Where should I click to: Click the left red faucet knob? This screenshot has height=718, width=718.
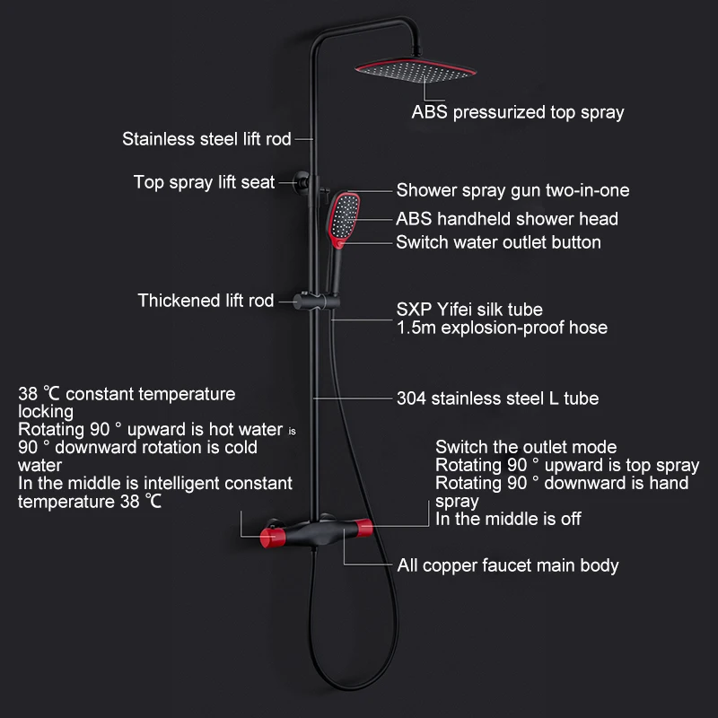267,537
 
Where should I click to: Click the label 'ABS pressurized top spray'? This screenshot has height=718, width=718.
517,113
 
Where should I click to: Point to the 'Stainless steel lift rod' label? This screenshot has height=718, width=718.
206,139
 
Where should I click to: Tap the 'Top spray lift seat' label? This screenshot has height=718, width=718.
204,182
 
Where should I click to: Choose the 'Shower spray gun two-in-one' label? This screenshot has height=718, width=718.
512,190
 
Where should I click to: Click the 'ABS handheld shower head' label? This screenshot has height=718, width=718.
506,219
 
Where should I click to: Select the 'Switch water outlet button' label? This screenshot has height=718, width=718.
498,242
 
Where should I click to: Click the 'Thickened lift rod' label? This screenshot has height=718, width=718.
206,301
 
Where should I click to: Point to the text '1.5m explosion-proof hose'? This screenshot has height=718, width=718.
502,328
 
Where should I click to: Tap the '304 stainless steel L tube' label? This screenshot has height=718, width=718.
497,398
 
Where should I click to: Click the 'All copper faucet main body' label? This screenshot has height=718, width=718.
508,565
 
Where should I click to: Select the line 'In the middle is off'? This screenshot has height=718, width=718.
508,519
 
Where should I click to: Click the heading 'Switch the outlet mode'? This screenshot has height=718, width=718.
526,447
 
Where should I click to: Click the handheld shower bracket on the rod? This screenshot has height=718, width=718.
315,299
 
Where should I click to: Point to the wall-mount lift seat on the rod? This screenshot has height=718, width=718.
304,183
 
